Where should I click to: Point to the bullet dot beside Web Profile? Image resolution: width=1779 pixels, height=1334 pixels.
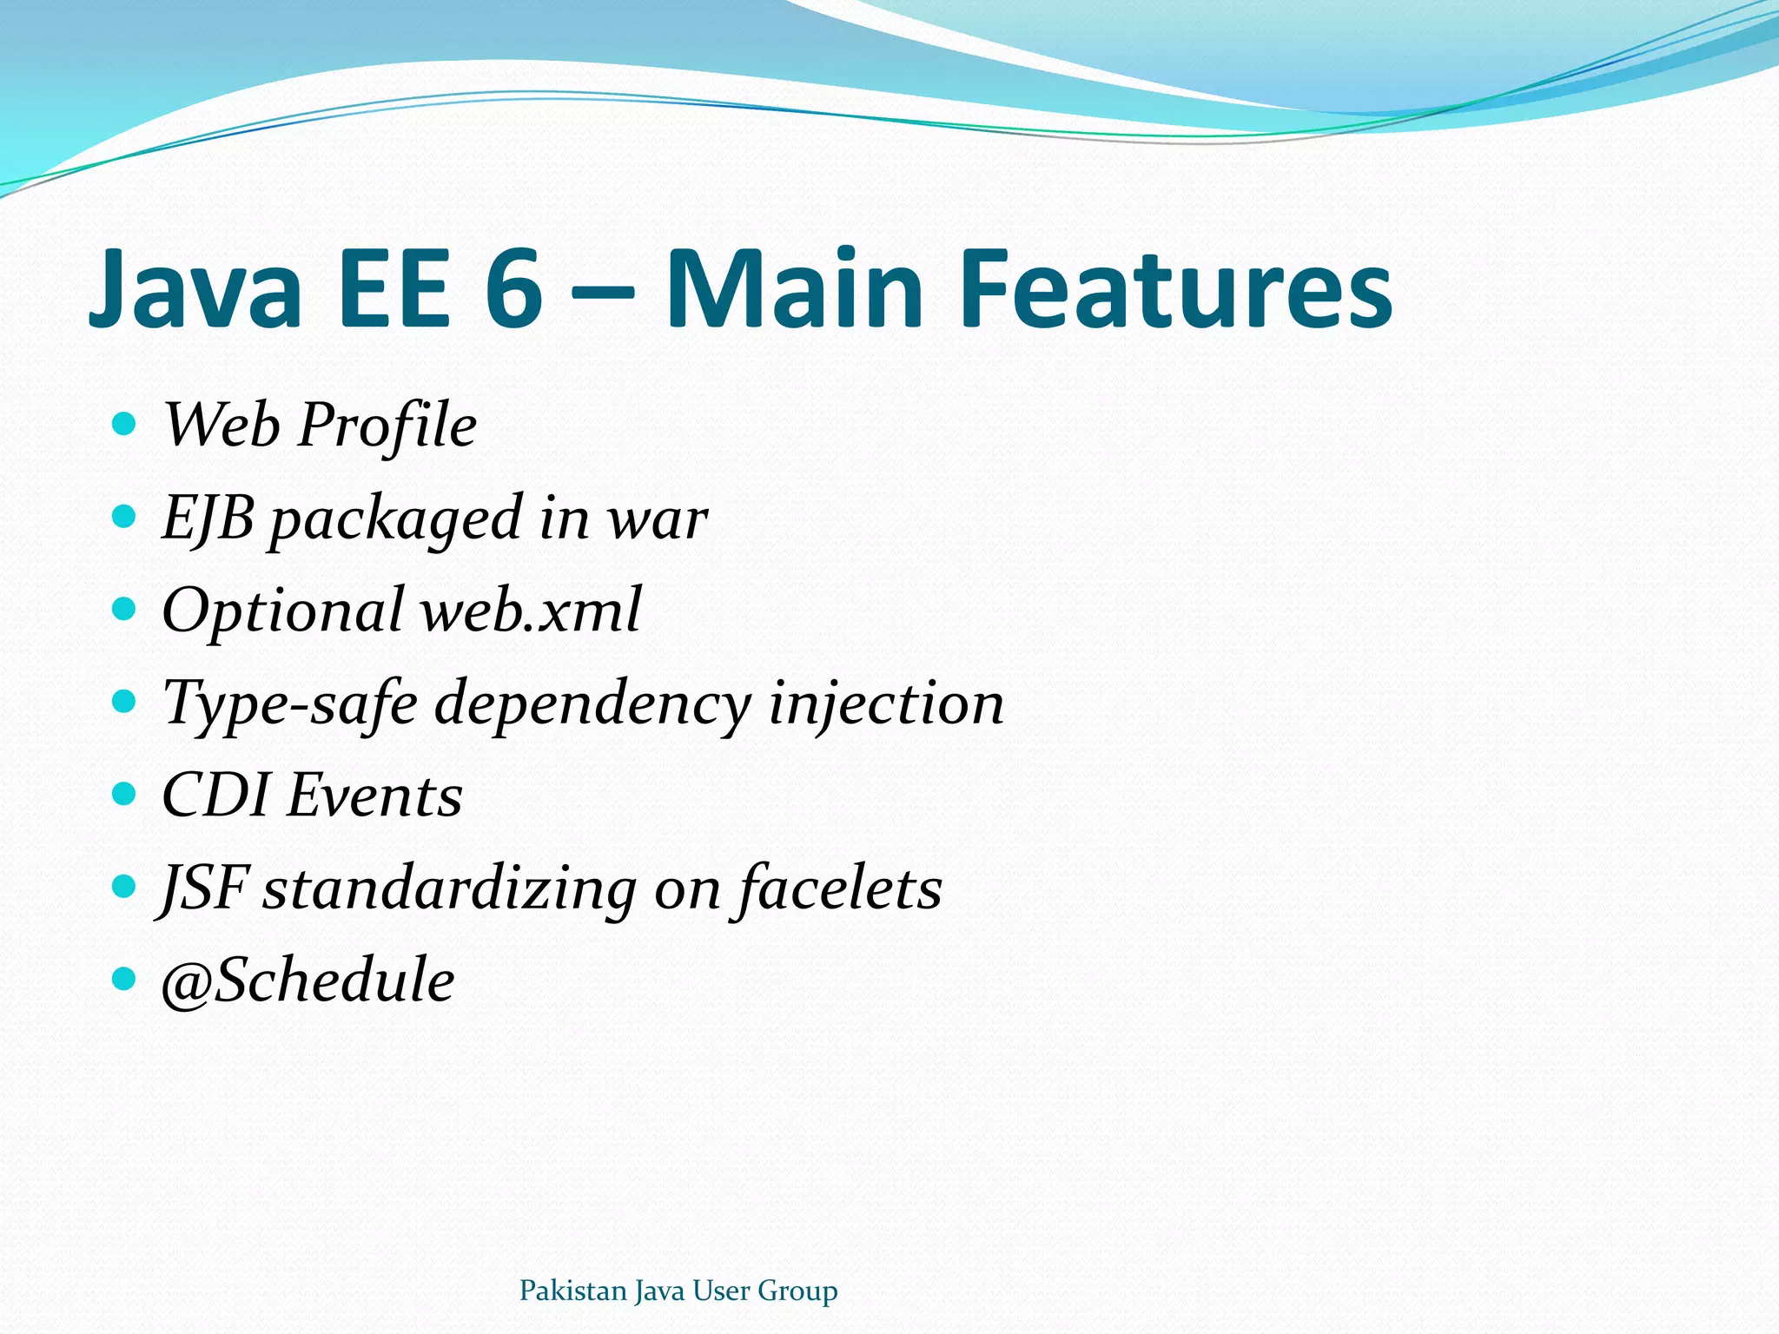coord(125,424)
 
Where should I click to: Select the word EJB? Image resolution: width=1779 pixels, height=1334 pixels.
coord(208,518)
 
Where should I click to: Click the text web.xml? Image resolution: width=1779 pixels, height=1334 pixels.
coord(531,611)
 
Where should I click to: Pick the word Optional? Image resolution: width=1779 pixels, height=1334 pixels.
coord(283,612)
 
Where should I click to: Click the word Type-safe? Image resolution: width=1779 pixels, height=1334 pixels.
coord(290,703)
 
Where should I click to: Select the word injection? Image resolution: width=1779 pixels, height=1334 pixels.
coord(886,703)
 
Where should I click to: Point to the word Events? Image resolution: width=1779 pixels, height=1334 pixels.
coord(374,796)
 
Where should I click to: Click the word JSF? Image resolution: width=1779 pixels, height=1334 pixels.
coord(205,888)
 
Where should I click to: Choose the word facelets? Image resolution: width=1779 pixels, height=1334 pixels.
coord(839,888)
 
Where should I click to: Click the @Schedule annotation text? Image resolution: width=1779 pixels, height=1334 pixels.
coord(308,981)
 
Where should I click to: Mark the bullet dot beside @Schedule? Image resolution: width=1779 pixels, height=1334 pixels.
coord(125,979)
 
